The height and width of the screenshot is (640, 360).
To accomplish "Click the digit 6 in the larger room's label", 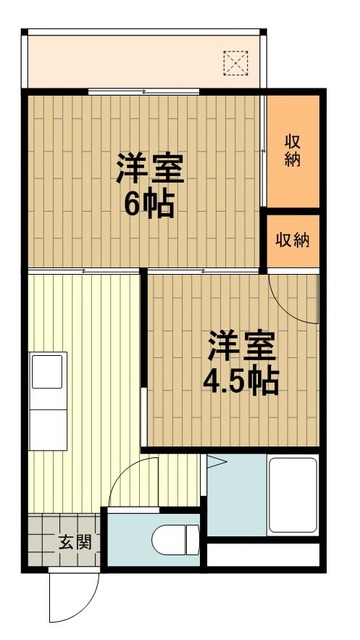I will (x=133, y=205).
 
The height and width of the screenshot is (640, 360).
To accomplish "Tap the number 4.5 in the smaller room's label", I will (x=224, y=381).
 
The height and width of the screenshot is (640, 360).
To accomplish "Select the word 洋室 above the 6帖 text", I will (x=147, y=167).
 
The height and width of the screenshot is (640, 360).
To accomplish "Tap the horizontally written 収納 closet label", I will (x=292, y=240).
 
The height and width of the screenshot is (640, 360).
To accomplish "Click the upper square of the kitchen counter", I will (x=48, y=370).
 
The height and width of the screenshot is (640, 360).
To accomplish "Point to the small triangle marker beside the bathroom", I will (x=214, y=463).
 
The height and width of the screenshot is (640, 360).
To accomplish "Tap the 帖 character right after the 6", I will (x=159, y=205).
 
